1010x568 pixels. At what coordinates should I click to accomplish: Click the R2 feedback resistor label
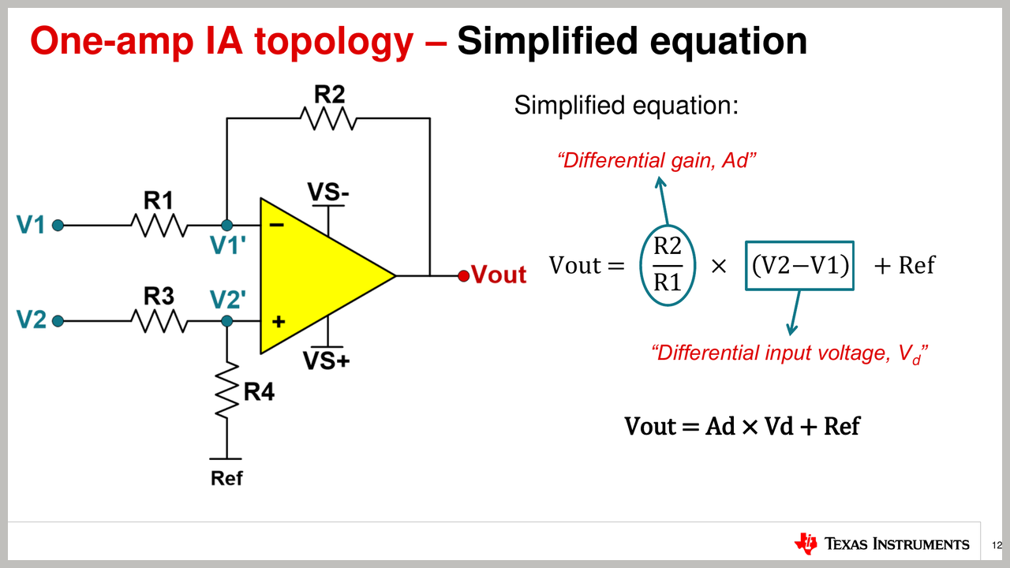[329, 95]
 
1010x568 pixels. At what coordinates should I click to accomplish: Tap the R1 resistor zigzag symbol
[159, 226]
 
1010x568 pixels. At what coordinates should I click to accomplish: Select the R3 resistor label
[159, 296]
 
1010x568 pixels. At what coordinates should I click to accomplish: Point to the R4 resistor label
[259, 391]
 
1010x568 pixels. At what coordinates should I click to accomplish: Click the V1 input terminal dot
[58, 226]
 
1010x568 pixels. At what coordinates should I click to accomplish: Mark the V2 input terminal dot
[58, 321]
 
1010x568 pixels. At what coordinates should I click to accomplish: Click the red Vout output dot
[464, 275]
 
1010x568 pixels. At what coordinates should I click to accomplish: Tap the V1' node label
[229, 247]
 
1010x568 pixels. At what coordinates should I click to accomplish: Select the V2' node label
[229, 300]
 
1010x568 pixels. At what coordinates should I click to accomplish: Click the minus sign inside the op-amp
[277, 226]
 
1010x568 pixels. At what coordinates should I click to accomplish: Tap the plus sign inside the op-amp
[278, 322]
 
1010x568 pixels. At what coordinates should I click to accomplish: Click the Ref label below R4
[226, 478]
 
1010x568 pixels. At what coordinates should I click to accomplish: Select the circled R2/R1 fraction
[668, 265]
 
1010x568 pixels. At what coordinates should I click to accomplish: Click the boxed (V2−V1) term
[799, 266]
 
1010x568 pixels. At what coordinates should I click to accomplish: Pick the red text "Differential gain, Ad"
[657, 161]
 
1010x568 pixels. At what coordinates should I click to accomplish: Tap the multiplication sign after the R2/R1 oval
[719, 267]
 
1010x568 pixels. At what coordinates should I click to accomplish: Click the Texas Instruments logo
[881, 544]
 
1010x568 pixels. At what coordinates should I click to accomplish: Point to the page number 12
[997, 545]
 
